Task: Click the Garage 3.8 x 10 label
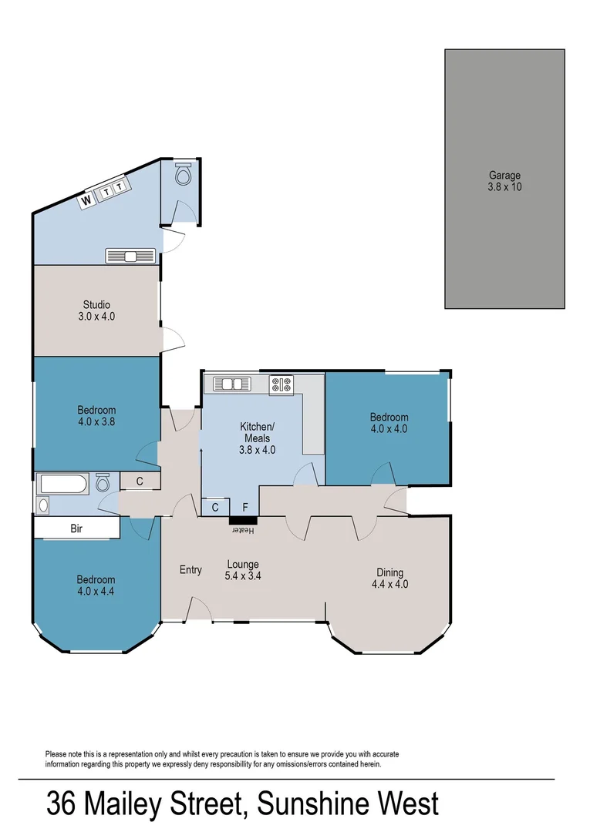[505, 181]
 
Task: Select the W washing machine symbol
[87, 200]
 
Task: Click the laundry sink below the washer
[130, 256]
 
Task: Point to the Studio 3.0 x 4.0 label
[96, 310]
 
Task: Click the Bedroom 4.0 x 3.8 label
[96, 416]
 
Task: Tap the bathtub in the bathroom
[65, 485]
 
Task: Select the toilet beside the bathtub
[102, 484]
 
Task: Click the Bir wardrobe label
[76, 529]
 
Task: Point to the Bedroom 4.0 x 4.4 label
[96, 585]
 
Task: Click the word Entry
[190, 570]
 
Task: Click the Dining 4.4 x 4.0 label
[389, 578]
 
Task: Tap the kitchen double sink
[229, 383]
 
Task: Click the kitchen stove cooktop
[281, 384]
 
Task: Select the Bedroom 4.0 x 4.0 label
[389, 423]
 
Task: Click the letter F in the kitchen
[245, 507]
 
